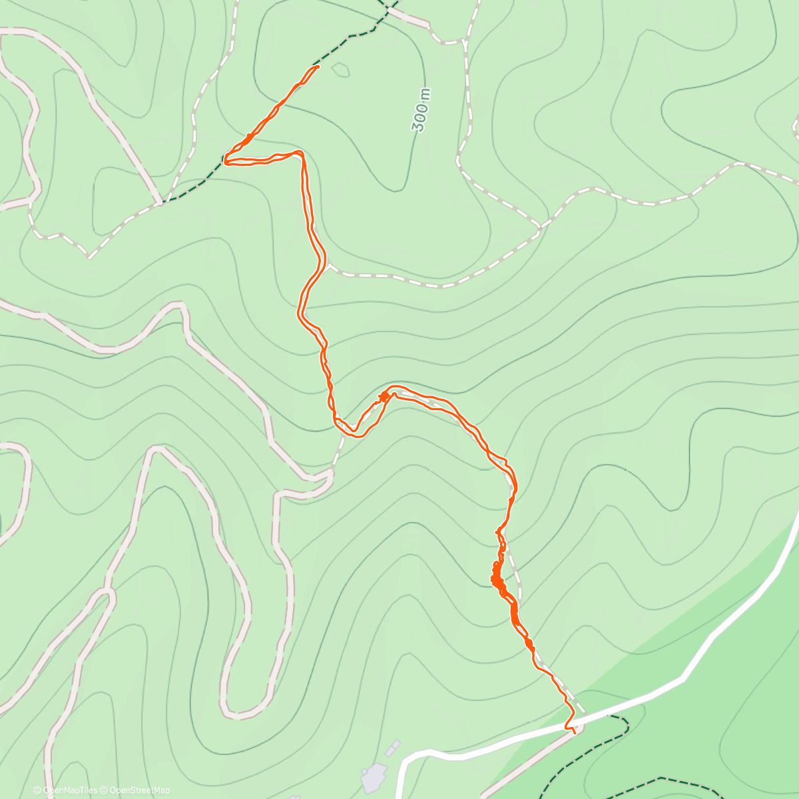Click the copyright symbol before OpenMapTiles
[37, 790]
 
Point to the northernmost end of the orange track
[318, 66]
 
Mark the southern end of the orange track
[573, 731]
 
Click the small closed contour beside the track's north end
[340, 69]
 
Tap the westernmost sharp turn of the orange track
[226, 160]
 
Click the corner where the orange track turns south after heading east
[301, 153]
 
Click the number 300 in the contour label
[420, 117]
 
